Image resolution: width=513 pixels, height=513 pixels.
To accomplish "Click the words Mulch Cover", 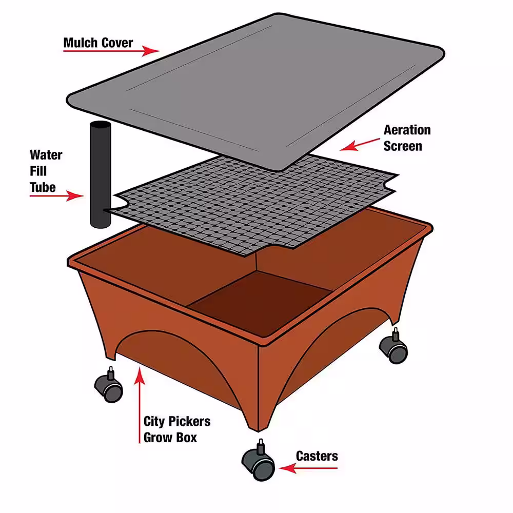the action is coord(98,43).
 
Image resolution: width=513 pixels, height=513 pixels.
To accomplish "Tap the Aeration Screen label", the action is coord(407,138).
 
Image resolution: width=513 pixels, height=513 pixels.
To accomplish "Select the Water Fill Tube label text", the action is coord(46,171).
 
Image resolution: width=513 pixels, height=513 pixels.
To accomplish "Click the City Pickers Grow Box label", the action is coord(176,429).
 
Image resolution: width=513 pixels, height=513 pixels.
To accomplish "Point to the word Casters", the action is coord(317,456).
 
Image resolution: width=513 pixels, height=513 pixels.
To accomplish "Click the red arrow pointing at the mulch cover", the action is coord(111,51).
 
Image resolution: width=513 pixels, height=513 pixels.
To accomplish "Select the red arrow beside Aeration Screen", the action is coord(360,145).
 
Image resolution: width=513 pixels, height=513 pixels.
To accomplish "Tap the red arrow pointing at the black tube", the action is coord(56,196).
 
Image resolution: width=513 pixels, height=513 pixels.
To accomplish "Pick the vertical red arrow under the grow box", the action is coord(140,405).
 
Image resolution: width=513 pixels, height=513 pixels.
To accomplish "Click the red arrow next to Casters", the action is coord(308,468).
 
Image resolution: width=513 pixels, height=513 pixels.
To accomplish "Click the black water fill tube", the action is coord(100,175).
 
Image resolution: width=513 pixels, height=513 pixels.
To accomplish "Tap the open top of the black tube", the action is coord(101,125).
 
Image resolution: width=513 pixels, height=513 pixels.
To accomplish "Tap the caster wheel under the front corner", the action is coord(259,461).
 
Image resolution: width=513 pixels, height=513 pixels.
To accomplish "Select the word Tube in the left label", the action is coord(43,187).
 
